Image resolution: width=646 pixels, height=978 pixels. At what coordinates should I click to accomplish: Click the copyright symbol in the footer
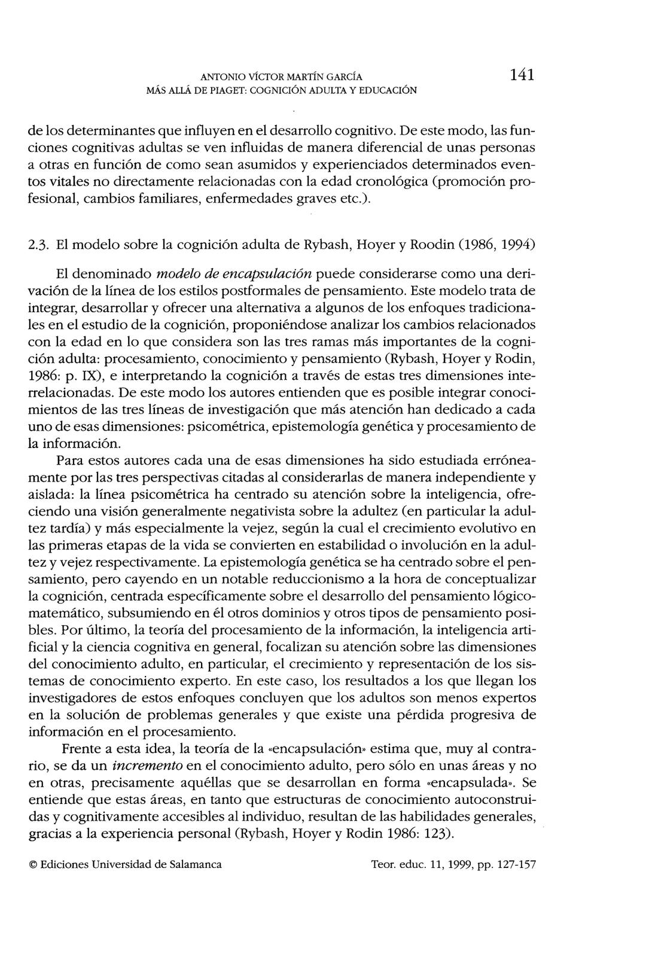coord(33,865)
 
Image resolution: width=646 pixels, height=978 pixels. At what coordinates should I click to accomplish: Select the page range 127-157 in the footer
coord(514,865)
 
